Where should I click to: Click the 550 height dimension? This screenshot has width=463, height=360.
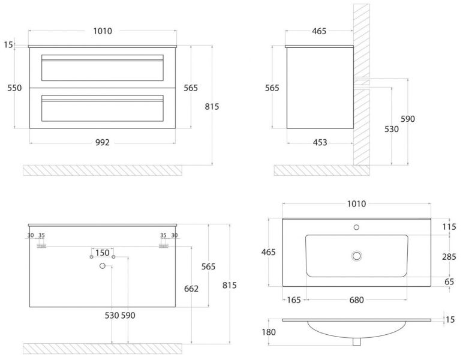click(x=14, y=88)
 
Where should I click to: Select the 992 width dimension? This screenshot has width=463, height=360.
click(x=103, y=142)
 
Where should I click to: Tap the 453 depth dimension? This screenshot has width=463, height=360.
click(x=320, y=142)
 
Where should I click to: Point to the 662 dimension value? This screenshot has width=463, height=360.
click(x=191, y=289)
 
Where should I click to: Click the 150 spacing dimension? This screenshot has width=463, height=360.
click(x=103, y=253)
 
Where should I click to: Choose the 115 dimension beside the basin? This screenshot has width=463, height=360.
click(x=449, y=227)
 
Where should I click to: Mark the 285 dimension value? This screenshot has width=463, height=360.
click(x=449, y=257)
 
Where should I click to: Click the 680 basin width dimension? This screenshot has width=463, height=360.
click(x=356, y=300)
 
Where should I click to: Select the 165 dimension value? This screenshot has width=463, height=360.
click(x=294, y=300)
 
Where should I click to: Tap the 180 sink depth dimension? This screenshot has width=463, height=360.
click(x=268, y=332)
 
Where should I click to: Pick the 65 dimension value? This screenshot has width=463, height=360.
click(x=449, y=281)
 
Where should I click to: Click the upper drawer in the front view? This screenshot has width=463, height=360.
click(x=102, y=68)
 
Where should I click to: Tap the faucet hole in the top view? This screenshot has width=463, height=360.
click(x=356, y=227)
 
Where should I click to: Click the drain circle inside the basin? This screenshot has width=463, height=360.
click(x=356, y=256)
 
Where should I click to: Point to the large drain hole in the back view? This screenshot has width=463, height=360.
click(x=103, y=265)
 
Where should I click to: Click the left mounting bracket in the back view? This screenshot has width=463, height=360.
click(x=42, y=245)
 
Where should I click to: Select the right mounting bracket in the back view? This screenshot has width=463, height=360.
click(x=163, y=245)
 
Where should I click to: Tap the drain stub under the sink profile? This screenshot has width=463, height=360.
click(x=356, y=342)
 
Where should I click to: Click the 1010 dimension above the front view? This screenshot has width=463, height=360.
click(x=103, y=31)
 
